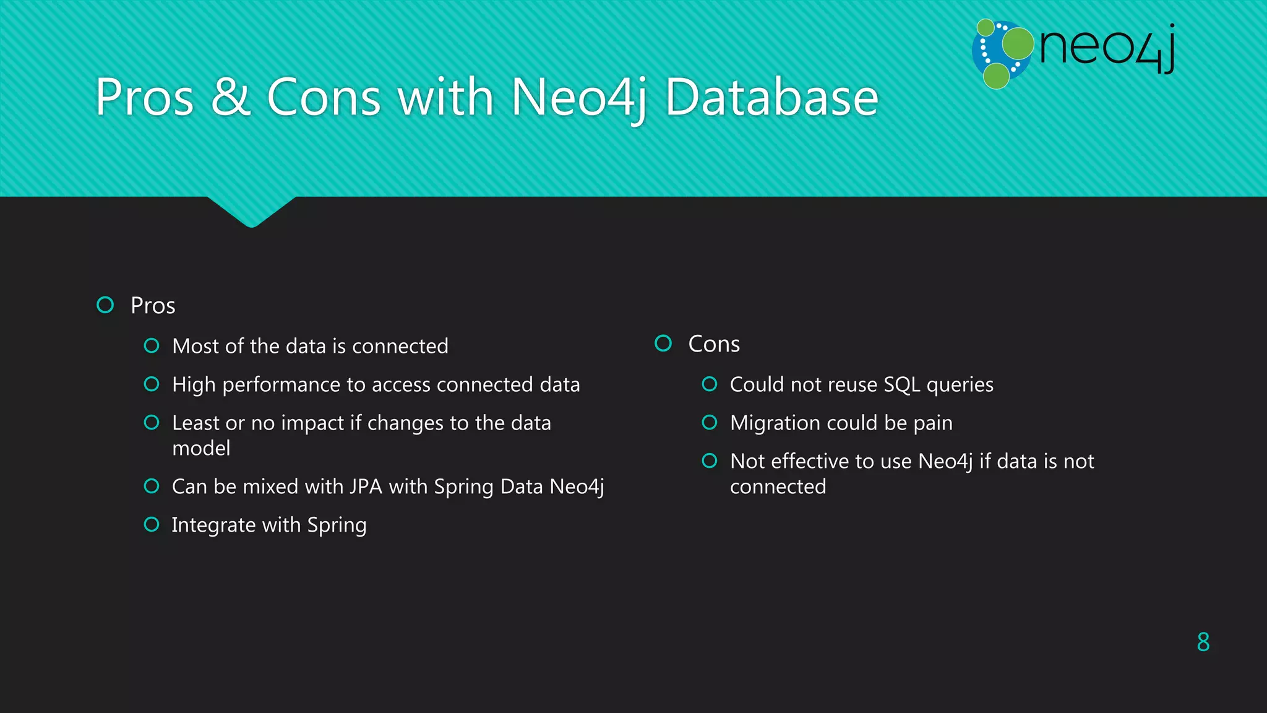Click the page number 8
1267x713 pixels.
click(1203, 642)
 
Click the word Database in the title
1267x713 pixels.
click(771, 97)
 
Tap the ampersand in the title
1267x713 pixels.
click(230, 97)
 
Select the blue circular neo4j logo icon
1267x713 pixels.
click(1001, 54)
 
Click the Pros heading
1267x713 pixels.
click(153, 306)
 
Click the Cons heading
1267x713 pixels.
click(714, 344)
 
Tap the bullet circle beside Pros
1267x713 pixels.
click(106, 305)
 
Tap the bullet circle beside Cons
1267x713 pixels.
click(663, 344)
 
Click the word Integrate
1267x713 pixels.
click(213, 525)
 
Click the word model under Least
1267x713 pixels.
click(201, 449)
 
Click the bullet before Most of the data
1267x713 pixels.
click(152, 346)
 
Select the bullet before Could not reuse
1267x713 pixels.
click(710, 384)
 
